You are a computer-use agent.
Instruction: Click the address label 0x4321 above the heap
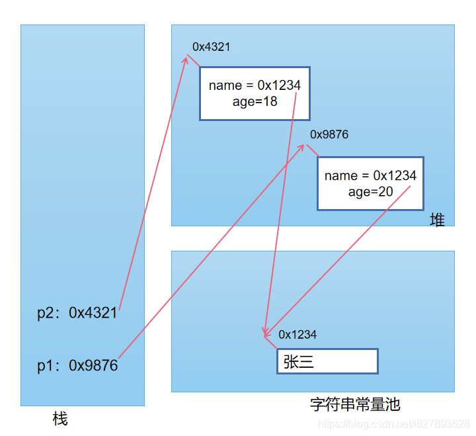[211, 46]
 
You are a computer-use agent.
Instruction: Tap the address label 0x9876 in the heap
[329, 134]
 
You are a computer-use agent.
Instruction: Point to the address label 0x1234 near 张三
[297, 334]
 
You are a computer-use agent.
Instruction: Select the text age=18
[255, 101]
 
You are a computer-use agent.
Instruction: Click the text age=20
[370, 191]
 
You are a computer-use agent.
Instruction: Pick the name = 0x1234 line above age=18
[255, 85]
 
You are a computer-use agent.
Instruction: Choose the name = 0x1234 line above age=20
[370, 175]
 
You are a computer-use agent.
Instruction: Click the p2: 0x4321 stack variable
[77, 313]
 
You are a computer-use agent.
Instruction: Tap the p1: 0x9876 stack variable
[77, 365]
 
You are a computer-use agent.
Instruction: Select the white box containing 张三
[327, 361]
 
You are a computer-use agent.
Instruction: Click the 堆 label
[437, 220]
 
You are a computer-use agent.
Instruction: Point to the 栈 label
[60, 419]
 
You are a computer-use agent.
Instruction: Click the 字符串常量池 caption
[355, 404]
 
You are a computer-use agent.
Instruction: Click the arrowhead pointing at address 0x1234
[265, 334]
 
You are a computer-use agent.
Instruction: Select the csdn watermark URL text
[393, 423]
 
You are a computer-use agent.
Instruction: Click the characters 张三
[298, 361]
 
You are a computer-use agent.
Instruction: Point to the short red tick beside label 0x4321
[193, 60]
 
